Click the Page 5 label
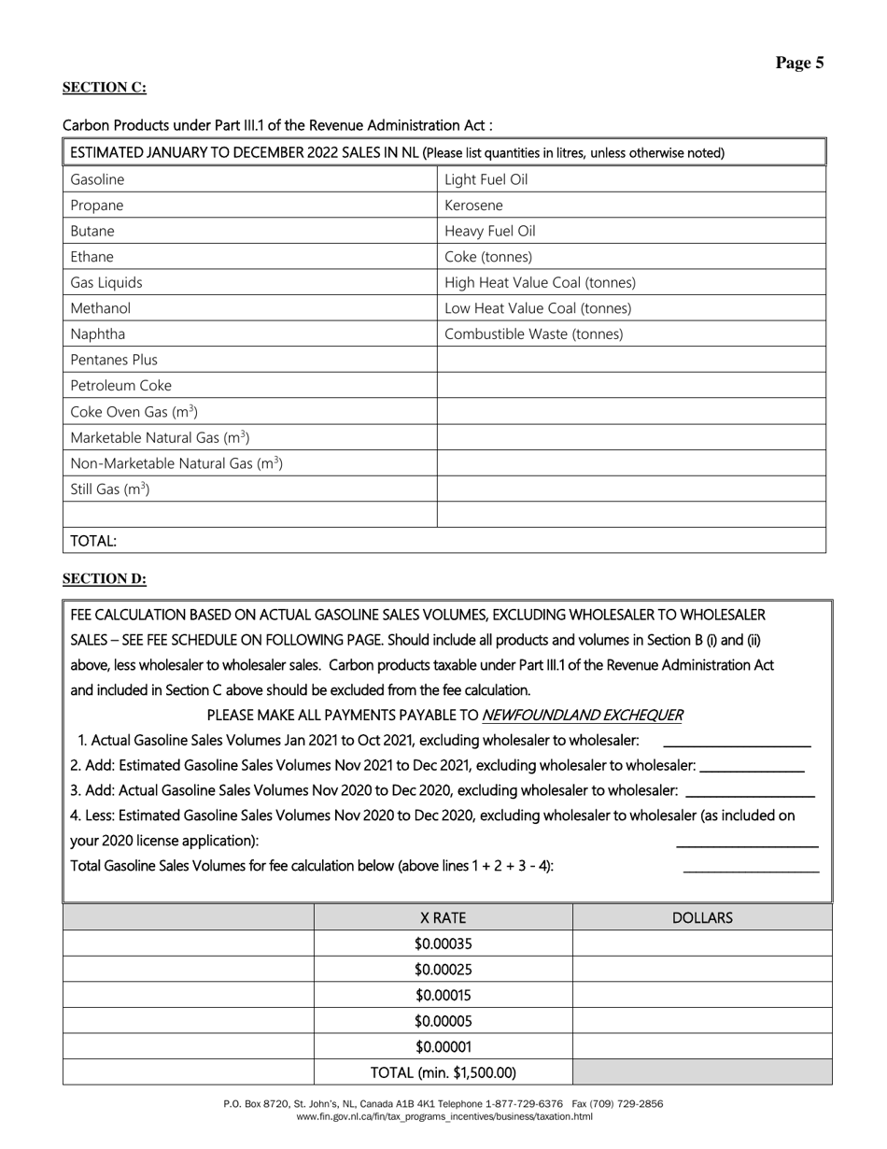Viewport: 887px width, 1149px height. pyautogui.click(x=799, y=64)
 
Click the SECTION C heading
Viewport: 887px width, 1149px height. pyautogui.click(x=104, y=88)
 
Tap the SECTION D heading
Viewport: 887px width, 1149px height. pyautogui.click(x=104, y=579)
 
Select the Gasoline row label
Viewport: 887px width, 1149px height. pyautogui.click(x=97, y=179)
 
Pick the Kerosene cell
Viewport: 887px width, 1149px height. pyautogui.click(x=473, y=206)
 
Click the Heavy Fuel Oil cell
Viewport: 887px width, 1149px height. pyautogui.click(x=490, y=231)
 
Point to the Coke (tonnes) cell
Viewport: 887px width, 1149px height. pyautogui.click(x=488, y=257)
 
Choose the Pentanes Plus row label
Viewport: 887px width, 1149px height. pyautogui.click(x=114, y=360)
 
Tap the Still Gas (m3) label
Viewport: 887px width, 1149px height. pyautogui.click(x=110, y=489)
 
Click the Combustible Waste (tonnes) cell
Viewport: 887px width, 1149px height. pyautogui.click(x=533, y=333)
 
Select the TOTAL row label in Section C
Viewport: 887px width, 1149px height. pyautogui.click(x=93, y=541)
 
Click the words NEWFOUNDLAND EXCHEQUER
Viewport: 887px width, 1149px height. pyautogui.click(x=582, y=716)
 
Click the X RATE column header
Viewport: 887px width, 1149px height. pyautogui.click(x=443, y=918)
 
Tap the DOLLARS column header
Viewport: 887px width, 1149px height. pyautogui.click(x=702, y=918)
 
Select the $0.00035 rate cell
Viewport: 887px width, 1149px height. pyautogui.click(x=443, y=943)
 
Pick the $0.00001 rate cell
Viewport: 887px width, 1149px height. pyautogui.click(x=443, y=1047)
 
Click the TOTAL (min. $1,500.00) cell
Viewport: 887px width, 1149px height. pyautogui.click(x=443, y=1072)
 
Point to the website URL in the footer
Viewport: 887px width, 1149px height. pyautogui.click(x=443, y=1116)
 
